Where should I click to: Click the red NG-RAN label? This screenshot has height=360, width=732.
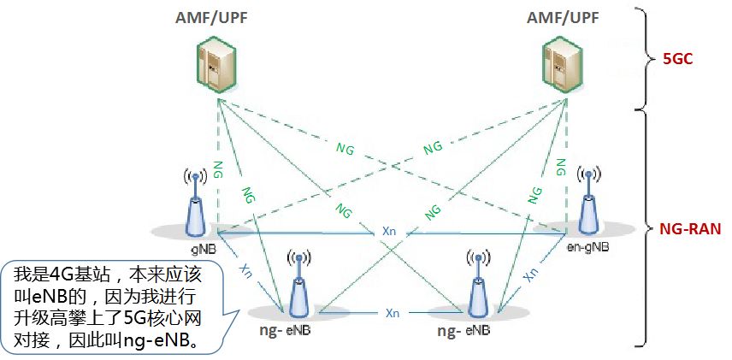tap(691, 228)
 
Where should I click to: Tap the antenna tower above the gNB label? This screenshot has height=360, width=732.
tap(196, 205)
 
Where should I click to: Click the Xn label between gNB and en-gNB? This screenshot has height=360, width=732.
tap(389, 232)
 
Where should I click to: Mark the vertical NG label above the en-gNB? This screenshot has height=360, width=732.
tap(562, 167)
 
